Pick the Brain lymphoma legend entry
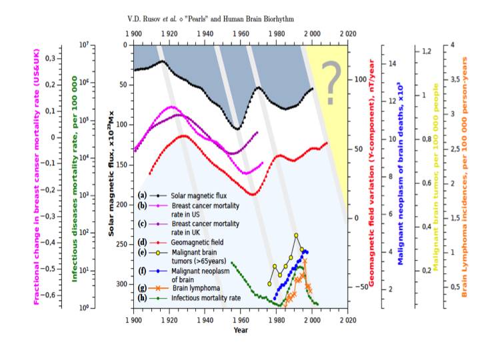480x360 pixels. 191,288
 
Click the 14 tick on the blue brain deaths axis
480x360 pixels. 393,63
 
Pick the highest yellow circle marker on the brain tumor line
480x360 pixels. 296,235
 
